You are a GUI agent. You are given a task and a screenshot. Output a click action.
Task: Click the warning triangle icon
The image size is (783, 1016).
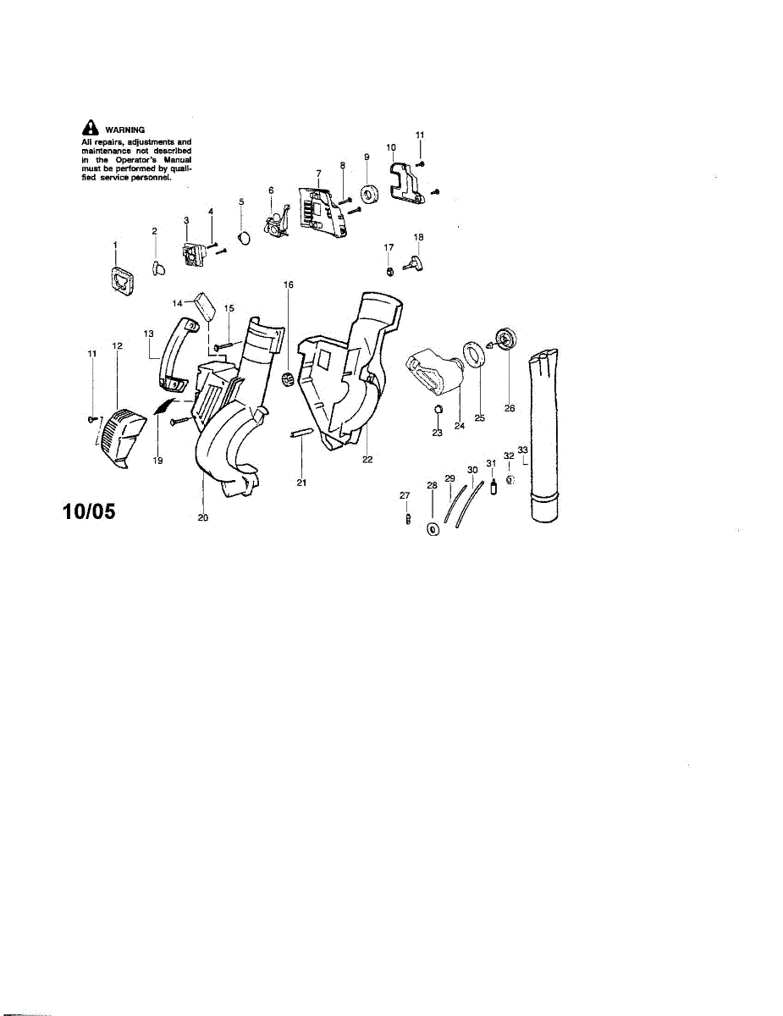(88, 129)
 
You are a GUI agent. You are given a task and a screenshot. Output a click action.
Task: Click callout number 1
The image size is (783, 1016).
(114, 244)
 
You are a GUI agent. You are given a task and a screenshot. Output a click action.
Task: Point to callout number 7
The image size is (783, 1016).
(319, 173)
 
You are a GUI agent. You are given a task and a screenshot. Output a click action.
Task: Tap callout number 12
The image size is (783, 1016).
(117, 345)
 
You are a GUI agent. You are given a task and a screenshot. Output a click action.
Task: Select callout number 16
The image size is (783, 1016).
(289, 285)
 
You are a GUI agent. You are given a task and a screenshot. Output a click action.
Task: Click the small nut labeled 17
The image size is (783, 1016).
(389, 270)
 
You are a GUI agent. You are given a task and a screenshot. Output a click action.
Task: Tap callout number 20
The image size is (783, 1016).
(203, 517)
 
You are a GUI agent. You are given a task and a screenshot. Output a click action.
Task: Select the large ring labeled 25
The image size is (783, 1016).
(474, 353)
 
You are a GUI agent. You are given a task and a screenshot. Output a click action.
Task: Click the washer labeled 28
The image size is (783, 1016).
(433, 530)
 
